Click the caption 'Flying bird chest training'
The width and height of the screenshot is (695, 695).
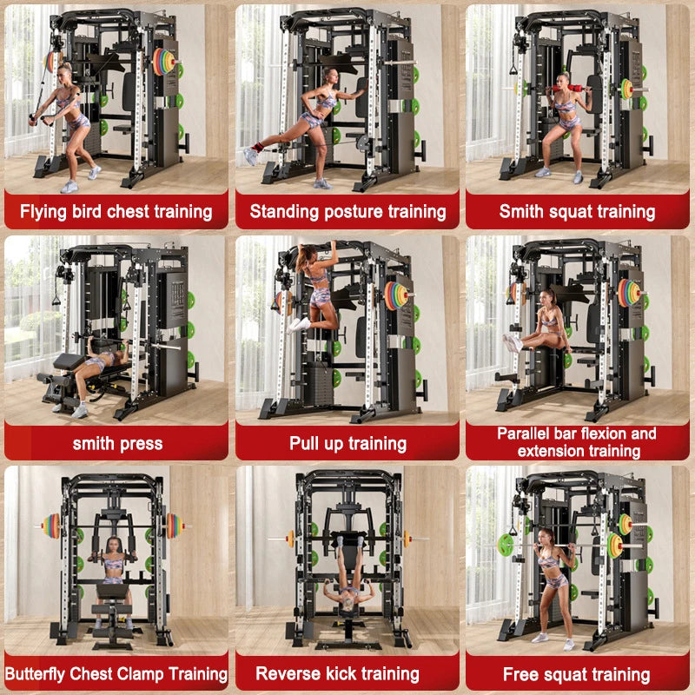tap(116, 211)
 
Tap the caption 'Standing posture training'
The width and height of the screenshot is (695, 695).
tap(347, 211)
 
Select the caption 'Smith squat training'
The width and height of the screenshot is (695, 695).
tap(577, 211)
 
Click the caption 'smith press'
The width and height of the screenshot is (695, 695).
tap(116, 443)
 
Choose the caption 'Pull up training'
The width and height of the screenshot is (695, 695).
tap(347, 443)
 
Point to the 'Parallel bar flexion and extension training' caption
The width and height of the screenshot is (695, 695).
tap(577, 441)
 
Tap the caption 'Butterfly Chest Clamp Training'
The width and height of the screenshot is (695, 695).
tap(116, 673)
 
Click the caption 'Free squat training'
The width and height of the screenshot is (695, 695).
tap(577, 674)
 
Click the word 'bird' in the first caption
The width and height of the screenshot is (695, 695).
tap(102, 211)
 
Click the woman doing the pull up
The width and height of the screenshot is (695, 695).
tap(313, 287)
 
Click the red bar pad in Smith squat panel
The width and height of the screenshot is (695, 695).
tap(565, 87)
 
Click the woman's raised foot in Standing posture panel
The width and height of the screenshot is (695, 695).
tap(253, 156)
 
